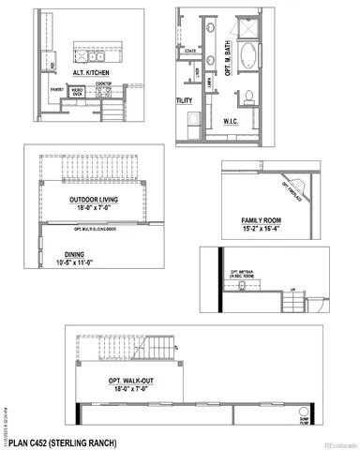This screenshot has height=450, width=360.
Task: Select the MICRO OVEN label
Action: point(79,92)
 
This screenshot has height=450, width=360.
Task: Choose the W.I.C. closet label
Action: point(233,121)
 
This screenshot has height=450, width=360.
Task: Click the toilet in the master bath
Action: point(247,97)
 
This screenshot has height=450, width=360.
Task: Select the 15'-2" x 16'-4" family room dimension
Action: point(261,228)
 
